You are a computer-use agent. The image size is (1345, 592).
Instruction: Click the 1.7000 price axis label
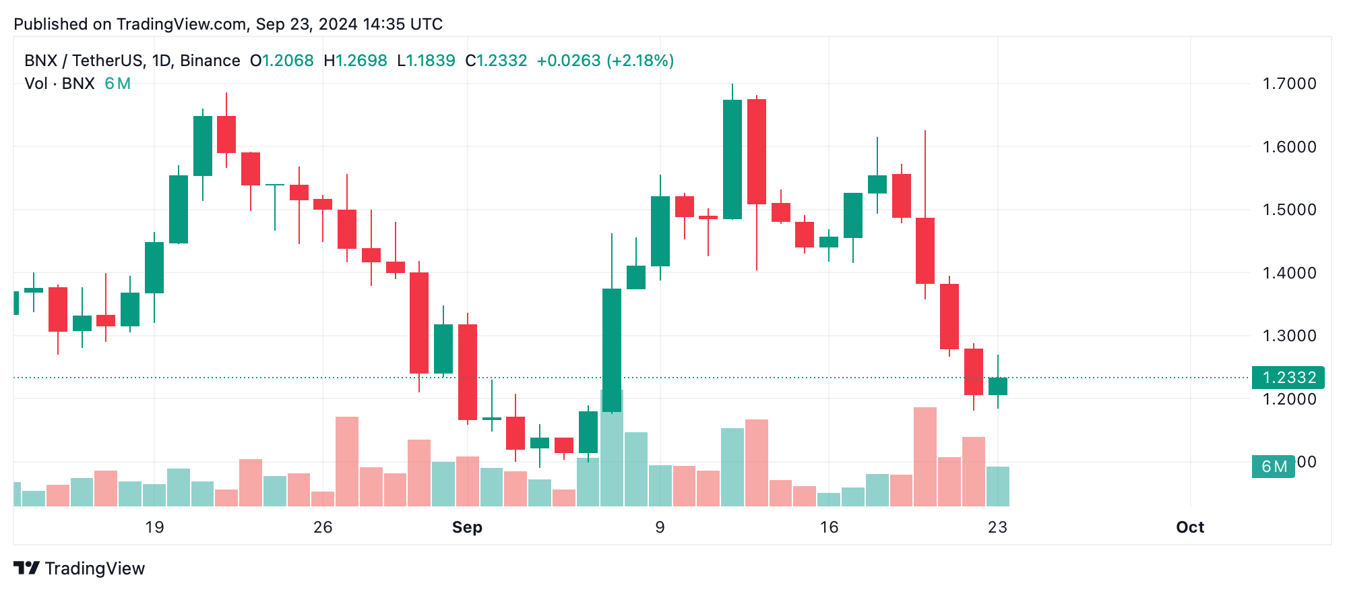1288,84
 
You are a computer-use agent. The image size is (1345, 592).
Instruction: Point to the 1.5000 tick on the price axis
1288,210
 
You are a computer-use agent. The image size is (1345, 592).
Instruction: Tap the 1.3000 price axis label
1288,336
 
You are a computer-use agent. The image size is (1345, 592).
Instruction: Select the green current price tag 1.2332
1288,378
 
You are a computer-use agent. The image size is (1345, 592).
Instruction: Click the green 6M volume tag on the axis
1273,467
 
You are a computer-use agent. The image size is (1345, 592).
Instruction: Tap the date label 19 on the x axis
154,527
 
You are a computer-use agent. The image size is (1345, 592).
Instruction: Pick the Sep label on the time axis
467,527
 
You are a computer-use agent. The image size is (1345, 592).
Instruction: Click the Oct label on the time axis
1189,527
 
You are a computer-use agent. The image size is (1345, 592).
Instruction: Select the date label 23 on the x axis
997,527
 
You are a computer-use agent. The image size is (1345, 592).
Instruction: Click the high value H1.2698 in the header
355,61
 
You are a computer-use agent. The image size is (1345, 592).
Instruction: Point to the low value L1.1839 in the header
426,61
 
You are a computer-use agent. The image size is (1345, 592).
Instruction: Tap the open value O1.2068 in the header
282,61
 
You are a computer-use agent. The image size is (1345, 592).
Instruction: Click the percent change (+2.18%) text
640,61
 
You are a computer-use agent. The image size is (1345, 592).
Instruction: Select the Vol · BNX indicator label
59,84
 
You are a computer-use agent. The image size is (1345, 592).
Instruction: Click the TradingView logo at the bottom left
79,568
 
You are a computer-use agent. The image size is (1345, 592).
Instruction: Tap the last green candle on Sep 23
997,386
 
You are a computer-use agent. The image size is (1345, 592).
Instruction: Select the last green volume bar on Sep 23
997,486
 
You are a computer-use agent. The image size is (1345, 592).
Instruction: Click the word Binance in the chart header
210,61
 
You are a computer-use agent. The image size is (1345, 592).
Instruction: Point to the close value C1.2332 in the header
496,61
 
